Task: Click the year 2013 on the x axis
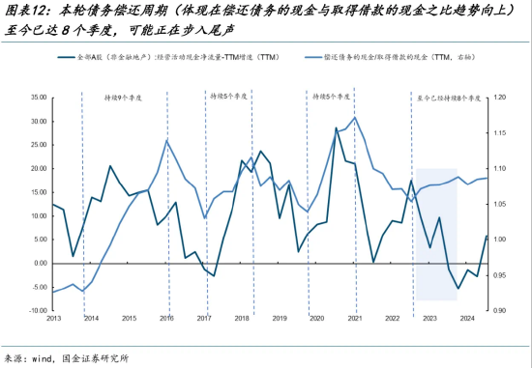(x=52, y=319)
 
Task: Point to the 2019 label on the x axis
(x=279, y=319)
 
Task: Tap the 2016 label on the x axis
(x=165, y=319)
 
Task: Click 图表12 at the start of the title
(x=24, y=11)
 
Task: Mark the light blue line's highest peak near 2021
(x=355, y=118)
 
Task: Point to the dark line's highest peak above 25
(x=337, y=127)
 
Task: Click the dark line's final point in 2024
(x=487, y=236)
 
